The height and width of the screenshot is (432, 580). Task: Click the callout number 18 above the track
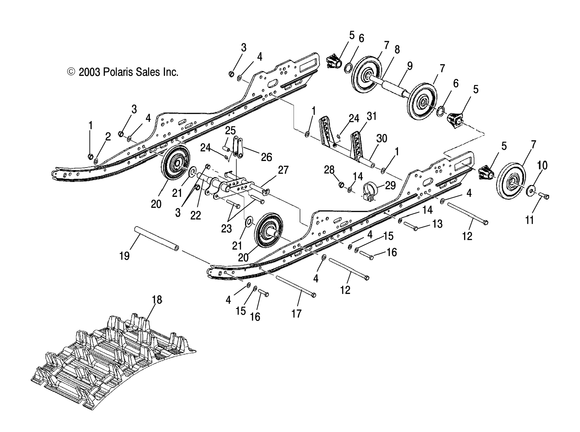coord(157,300)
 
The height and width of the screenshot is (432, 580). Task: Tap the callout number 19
coord(124,256)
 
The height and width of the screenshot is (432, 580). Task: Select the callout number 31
coord(372,116)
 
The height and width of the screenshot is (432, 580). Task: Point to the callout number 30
coord(382,138)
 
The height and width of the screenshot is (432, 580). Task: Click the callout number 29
coord(390,185)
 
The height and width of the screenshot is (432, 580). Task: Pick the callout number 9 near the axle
coord(409,66)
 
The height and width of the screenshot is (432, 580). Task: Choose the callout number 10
coord(542,165)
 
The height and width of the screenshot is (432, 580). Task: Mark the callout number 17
coord(296,314)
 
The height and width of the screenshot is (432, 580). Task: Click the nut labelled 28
coord(341,185)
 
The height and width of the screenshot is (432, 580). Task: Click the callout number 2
coord(108,136)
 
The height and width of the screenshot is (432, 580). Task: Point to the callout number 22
coord(195,215)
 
